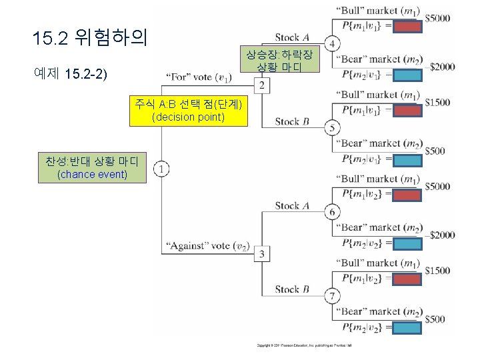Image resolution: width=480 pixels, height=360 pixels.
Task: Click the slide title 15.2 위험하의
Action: pyautogui.click(x=89, y=38)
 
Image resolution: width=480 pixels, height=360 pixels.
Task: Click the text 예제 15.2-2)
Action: pyautogui.click(x=70, y=73)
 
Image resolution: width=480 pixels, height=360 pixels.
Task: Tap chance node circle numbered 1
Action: pyautogui.click(x=163, y=170)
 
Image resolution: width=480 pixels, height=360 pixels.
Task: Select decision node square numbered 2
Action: pyautogui.click(x=263, y=86)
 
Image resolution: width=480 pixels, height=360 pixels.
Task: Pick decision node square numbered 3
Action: pyautogui.click(x=263, y=254)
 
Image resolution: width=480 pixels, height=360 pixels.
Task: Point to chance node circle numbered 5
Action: pyautogui.click(x=332, y=128)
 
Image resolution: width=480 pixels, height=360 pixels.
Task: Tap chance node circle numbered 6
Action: pyautogui.click(x=332, y=212)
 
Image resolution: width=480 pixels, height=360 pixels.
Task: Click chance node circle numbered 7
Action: pyautogui.click(x=332, y=296)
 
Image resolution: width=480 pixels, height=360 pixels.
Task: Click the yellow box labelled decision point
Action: pyautogui.click(x=189, y=111)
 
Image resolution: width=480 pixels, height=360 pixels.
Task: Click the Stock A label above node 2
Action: pyautogui.click(x=291, y=37)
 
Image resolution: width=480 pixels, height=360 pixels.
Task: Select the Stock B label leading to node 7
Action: pyautogui.click(x=291, y=289)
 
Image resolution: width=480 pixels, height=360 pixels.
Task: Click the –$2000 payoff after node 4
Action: pyautogui.click(x=441, y=67)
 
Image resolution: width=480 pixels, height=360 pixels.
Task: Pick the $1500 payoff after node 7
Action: pyautogui.click(x=437, y=270)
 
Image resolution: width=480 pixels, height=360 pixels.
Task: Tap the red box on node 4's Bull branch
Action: pyautogui.click(x=407, y=27)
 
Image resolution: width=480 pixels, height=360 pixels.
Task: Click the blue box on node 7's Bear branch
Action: pyautogui.click(x=407, y=328)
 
